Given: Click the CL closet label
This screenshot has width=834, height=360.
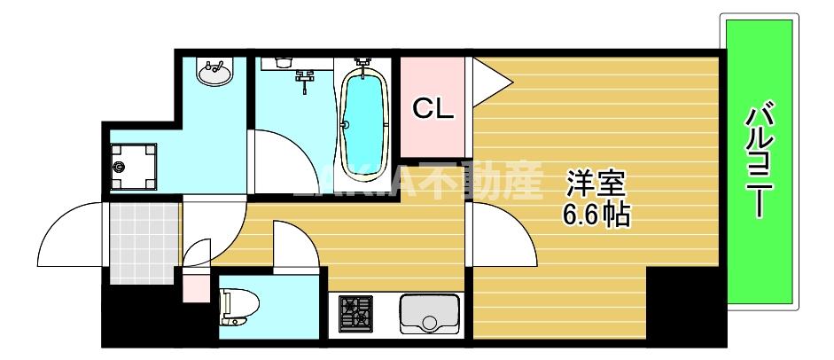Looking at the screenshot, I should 433,108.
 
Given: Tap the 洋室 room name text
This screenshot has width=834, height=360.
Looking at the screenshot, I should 596,184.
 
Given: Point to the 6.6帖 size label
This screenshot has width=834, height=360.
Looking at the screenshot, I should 596,214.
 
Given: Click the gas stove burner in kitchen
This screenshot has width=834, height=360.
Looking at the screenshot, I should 356,313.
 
